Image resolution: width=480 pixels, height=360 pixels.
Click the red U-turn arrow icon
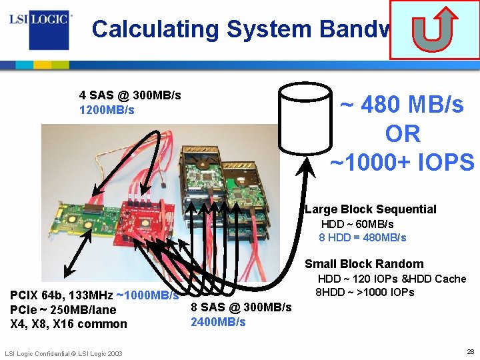(x=433, y=29)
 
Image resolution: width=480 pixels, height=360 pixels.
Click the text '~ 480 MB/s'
(x=401, y=105)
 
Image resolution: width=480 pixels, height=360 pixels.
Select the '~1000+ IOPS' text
(x=402, y=162)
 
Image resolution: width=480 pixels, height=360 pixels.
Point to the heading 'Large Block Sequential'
(x=371, y=209)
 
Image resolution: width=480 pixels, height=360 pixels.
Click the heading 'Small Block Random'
(x=364, y=264)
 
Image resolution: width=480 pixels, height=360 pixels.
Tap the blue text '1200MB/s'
(x=107, y=110)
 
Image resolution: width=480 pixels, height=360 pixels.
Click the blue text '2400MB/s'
(x=218, y=322)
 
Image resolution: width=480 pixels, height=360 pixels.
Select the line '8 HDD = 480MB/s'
(x=363, y=237)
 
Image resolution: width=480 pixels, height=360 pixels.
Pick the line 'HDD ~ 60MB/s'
(x=357, y=224)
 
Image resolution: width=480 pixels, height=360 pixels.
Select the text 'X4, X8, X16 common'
(x=68, y=324)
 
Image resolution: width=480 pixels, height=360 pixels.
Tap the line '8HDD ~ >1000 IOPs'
(x=365, y=292)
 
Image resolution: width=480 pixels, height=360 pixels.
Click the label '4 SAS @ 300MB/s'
(x=130, y=95)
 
